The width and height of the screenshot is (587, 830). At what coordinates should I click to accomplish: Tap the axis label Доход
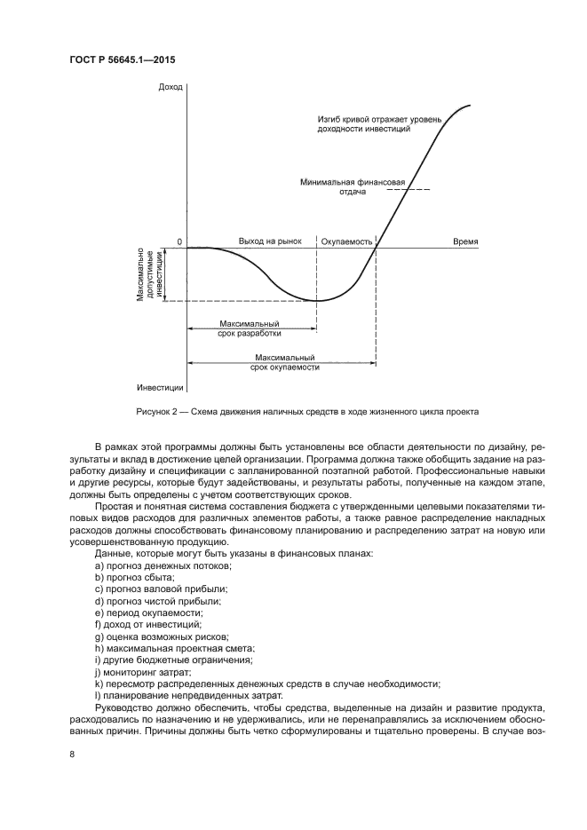point(170,87)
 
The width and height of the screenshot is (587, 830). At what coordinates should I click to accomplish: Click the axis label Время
point(465,241)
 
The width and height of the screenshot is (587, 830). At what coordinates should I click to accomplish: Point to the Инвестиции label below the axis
point(161,388)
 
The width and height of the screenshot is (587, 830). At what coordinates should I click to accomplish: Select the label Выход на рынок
point(271,241)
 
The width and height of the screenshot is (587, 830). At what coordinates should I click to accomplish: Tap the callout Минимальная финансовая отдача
point(352,187)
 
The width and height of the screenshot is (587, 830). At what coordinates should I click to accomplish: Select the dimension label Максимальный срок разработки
point(250,329)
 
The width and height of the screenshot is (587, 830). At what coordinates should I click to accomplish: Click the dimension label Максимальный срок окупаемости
point(284,361)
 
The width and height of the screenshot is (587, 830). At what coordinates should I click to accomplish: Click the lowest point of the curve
point(317,300)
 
